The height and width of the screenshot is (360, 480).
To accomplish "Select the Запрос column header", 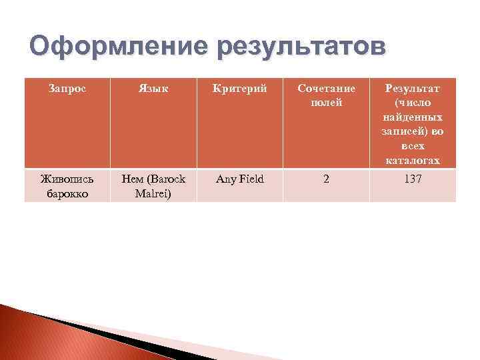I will (67, 89).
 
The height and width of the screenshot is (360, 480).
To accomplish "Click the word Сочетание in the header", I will (326, 89).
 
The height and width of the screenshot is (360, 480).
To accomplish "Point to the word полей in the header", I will (326, 103).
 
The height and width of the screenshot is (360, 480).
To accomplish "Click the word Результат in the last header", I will (413, 89).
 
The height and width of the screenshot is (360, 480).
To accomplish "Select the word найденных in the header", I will (413, 117).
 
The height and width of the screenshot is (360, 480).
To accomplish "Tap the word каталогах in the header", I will (413, 161).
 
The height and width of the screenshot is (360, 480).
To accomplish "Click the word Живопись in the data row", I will (67, 179).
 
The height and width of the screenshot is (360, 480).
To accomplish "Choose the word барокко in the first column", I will (67, 193).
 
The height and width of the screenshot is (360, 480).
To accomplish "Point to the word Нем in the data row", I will (131, 179).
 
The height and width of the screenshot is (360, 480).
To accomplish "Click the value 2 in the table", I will (326, 179).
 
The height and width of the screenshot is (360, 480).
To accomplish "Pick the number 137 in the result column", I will (413, 179).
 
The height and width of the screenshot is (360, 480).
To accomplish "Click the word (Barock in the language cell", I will (167, 179).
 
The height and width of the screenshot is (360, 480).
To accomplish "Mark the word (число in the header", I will (413, 103).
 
